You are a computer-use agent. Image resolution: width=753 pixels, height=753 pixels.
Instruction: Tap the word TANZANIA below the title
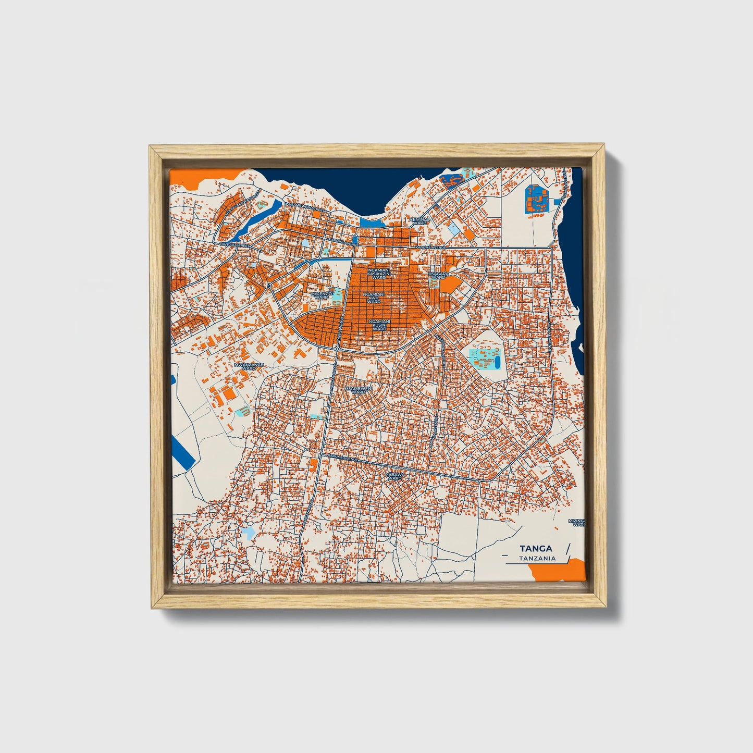tap(537, 559)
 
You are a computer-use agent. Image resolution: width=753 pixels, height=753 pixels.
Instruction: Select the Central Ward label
tap(420, 221)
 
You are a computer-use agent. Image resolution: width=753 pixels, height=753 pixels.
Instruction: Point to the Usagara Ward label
tap(438, 275)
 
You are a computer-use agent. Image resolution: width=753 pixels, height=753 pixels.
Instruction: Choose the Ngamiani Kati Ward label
tap(375, 298)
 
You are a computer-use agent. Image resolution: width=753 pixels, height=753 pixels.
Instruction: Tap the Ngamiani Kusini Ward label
tap(379, 325)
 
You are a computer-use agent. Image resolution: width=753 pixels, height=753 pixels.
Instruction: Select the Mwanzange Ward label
tap(249, 366)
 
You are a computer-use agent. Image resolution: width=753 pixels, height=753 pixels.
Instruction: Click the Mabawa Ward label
tap(394, 476)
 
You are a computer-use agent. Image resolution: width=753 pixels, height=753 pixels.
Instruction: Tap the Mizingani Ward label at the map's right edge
tap(577, 523)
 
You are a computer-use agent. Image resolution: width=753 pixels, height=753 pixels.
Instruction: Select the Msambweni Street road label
tap(306, 208)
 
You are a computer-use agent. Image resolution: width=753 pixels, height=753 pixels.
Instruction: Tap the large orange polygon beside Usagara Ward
tap(452, 285)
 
